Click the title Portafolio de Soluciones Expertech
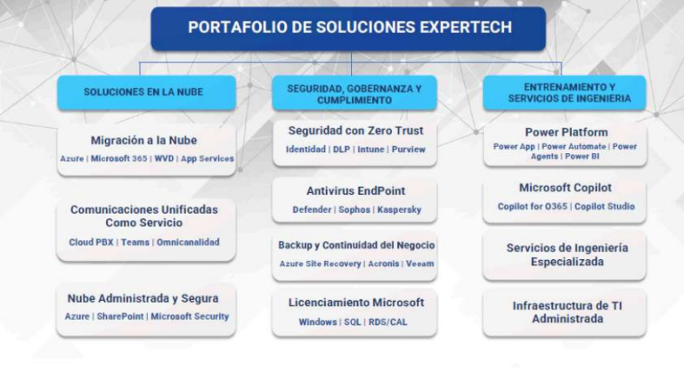coord(349,28)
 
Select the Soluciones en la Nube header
coord(146,93)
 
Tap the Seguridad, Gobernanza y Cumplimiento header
coord(354,94)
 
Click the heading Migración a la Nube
coord(143,141)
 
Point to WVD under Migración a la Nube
coord(164,158)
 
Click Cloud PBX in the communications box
coord(91,242)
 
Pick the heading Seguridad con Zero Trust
coord(354,131)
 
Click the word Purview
coord(409,150)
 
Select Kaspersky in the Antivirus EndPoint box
coord(398,210)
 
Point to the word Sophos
coord(354,210)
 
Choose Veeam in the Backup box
coord(419,264)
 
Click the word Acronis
coord(383,264)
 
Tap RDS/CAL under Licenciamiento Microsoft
coord(388,321)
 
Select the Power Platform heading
coord(560,132)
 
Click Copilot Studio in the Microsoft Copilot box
coord(603,207)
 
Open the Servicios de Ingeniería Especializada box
coord(566,255)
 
